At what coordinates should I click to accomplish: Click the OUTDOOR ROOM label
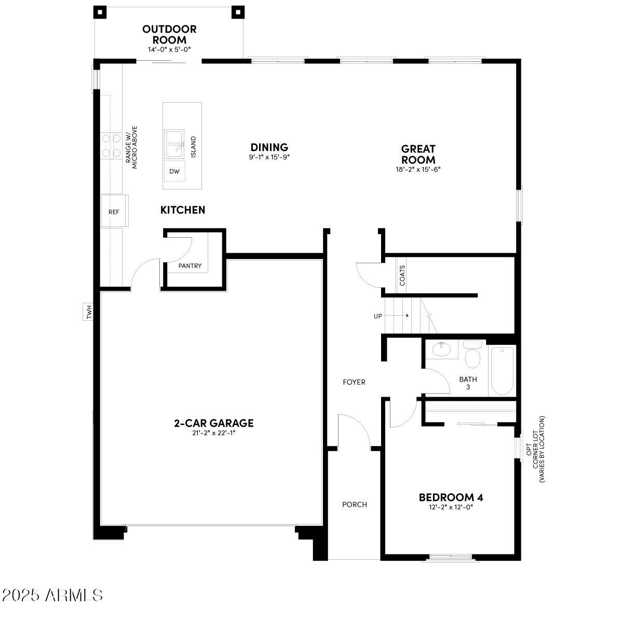pyautogui.click(x=169, y=34)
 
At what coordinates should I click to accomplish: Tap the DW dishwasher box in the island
pyautogui.click(x=174, y=171)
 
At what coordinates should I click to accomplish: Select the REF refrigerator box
pyautogui.click(x=114, y=212)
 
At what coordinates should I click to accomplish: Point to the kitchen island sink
pyautogui.click(x=174, y=143)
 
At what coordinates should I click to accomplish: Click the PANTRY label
pyautogui.click(x=189, y=266)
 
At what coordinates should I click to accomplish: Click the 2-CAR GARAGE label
pyautogui.click(x=213, y=423)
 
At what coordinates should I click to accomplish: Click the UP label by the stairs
pyautogui.click(x=378, y=316)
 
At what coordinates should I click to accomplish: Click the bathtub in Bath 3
pyautogui.click(x=502, y=371)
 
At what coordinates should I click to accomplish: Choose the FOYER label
pyautogui.click(x=354, y=382)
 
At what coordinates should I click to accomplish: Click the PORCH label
pyautogui.click(x=355, y=504)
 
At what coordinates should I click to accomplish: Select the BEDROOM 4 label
pyautogui.click(x=451, y=497)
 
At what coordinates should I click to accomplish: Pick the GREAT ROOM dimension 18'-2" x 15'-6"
pyautogui.click(x=418, y=169)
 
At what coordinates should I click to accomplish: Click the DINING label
pyautogui.click(x=269, y=147)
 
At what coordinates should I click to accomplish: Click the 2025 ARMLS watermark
pyautogui.click(x=52, y=595)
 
